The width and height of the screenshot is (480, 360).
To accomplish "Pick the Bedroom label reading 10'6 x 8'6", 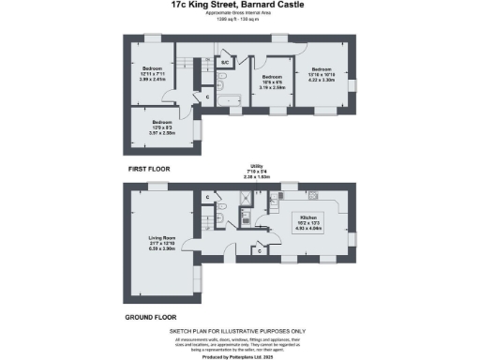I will point(273,77).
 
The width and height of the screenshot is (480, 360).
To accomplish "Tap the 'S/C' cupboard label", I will point(225,63).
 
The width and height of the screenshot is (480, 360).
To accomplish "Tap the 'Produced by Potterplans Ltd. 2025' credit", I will point(239,356).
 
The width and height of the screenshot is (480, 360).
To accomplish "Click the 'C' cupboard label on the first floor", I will point(207,96).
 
